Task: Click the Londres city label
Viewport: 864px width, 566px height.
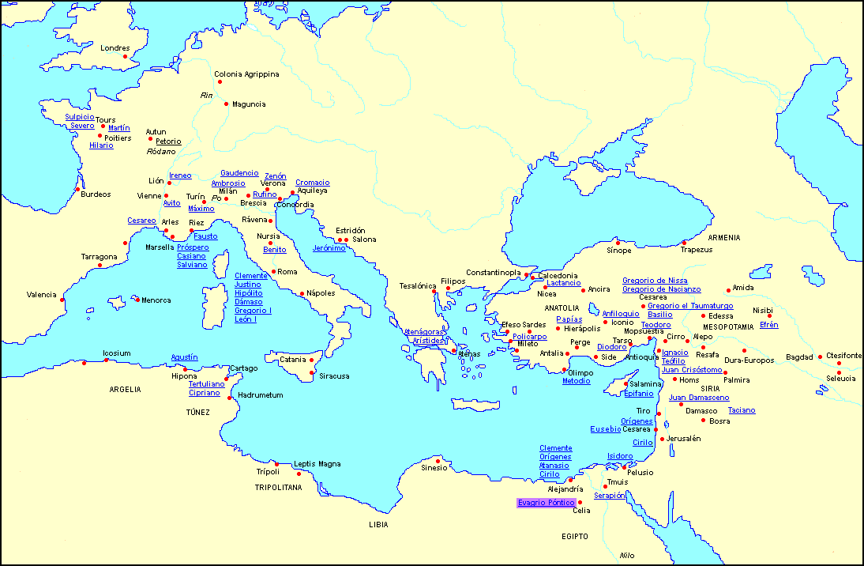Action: coord(115,48)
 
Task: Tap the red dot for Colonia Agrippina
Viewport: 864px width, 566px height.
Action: coord(220,81)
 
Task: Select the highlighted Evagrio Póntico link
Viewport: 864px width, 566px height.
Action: coord(546,503)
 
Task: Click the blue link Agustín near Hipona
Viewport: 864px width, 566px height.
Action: coord(184,357)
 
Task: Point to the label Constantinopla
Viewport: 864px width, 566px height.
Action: coord(493,273)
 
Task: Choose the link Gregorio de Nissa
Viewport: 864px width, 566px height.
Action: coord(655,281)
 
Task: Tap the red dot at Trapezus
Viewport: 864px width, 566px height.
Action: coord(684,243)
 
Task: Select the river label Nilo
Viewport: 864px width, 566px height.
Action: coord(627,555)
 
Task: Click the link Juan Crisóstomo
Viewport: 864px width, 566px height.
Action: coord(691,369)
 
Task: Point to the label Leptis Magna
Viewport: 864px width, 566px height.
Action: coord(317,464)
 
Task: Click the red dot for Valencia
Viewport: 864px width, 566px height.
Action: coord(62,299)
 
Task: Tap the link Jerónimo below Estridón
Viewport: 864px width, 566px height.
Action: coord(329,248)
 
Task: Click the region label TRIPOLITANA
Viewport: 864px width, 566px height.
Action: coord(278,488)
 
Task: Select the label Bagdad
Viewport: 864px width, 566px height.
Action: coord(798,357)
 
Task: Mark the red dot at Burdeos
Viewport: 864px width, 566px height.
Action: coord(77,189)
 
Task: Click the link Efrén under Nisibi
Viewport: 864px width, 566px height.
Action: coord(768,325)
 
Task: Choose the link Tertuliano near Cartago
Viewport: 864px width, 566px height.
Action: coord(206,383)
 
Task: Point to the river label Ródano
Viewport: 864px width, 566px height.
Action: coord(161,151)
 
